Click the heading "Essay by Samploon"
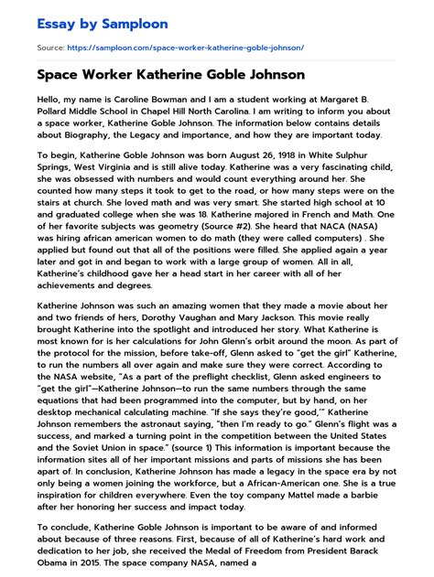89,22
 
